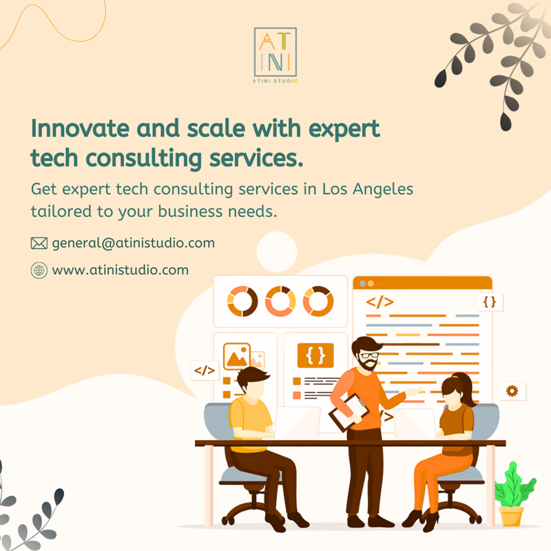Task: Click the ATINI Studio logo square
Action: [x=275, y=52]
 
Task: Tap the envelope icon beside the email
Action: [x=39, y=243]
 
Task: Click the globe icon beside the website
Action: [x=39, y=270]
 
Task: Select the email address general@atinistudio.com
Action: [x=133, y=243]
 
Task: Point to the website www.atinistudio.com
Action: [x=120, y=270]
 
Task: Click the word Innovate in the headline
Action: [x=80, y=128]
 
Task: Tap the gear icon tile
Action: [x=512, y=391]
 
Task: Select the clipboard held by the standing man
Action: [x=349, y=413]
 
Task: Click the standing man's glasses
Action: [x=369, y=355]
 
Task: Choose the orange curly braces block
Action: [x=315, y=355]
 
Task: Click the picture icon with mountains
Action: [x=237, y=356]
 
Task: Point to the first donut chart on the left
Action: [x=242, y=301]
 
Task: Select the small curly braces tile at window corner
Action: [x=490, y=302]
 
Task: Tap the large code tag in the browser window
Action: [x=380, y=302]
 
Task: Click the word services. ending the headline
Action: [x=256, y=158]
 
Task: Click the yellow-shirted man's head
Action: [x=252, y=382]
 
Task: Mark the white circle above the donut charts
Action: [x=277, y=251]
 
